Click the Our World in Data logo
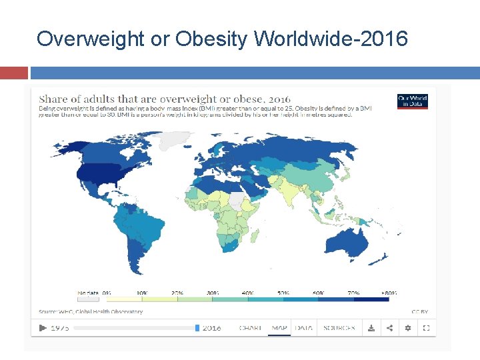tap(412, 101)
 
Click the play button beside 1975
tap(43, 328)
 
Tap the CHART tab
tap(250, 328)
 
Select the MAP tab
tap(279, 328)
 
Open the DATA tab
tap(304, 328)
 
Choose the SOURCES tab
tap(339, 328)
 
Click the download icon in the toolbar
tap(371, 328)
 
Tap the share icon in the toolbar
tap(389, 328)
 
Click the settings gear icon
tap(408, 328)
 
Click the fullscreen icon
tap(426, 328)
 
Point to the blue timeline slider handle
tap(197, 328)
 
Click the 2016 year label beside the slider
tap(212, 328)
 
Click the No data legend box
tap(88, 299)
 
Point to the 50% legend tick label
tap(283, 293)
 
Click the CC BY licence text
tap(419, 311)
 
